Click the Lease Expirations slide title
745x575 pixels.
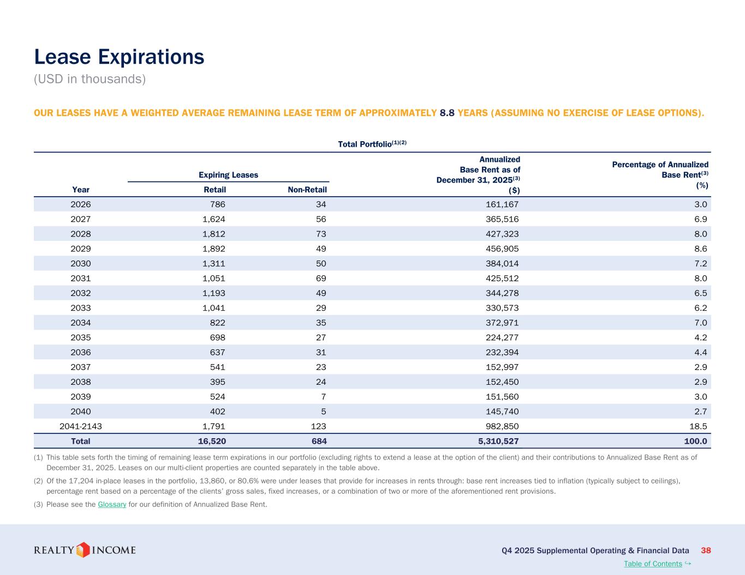(119, 57)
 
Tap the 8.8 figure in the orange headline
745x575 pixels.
(447, 113)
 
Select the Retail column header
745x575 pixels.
(214, 190)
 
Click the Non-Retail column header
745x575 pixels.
(307, 190)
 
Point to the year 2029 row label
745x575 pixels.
(81, 249)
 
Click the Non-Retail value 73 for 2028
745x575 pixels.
(321, 234)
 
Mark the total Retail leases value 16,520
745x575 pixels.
(211, 441)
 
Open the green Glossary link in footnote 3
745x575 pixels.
(112, 504)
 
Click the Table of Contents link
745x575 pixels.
(653, 564)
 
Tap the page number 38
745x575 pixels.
(706, 550)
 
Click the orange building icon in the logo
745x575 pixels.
(82, 549)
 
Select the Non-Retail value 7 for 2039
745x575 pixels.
(324, 397)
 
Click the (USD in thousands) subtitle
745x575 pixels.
(90, 79)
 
